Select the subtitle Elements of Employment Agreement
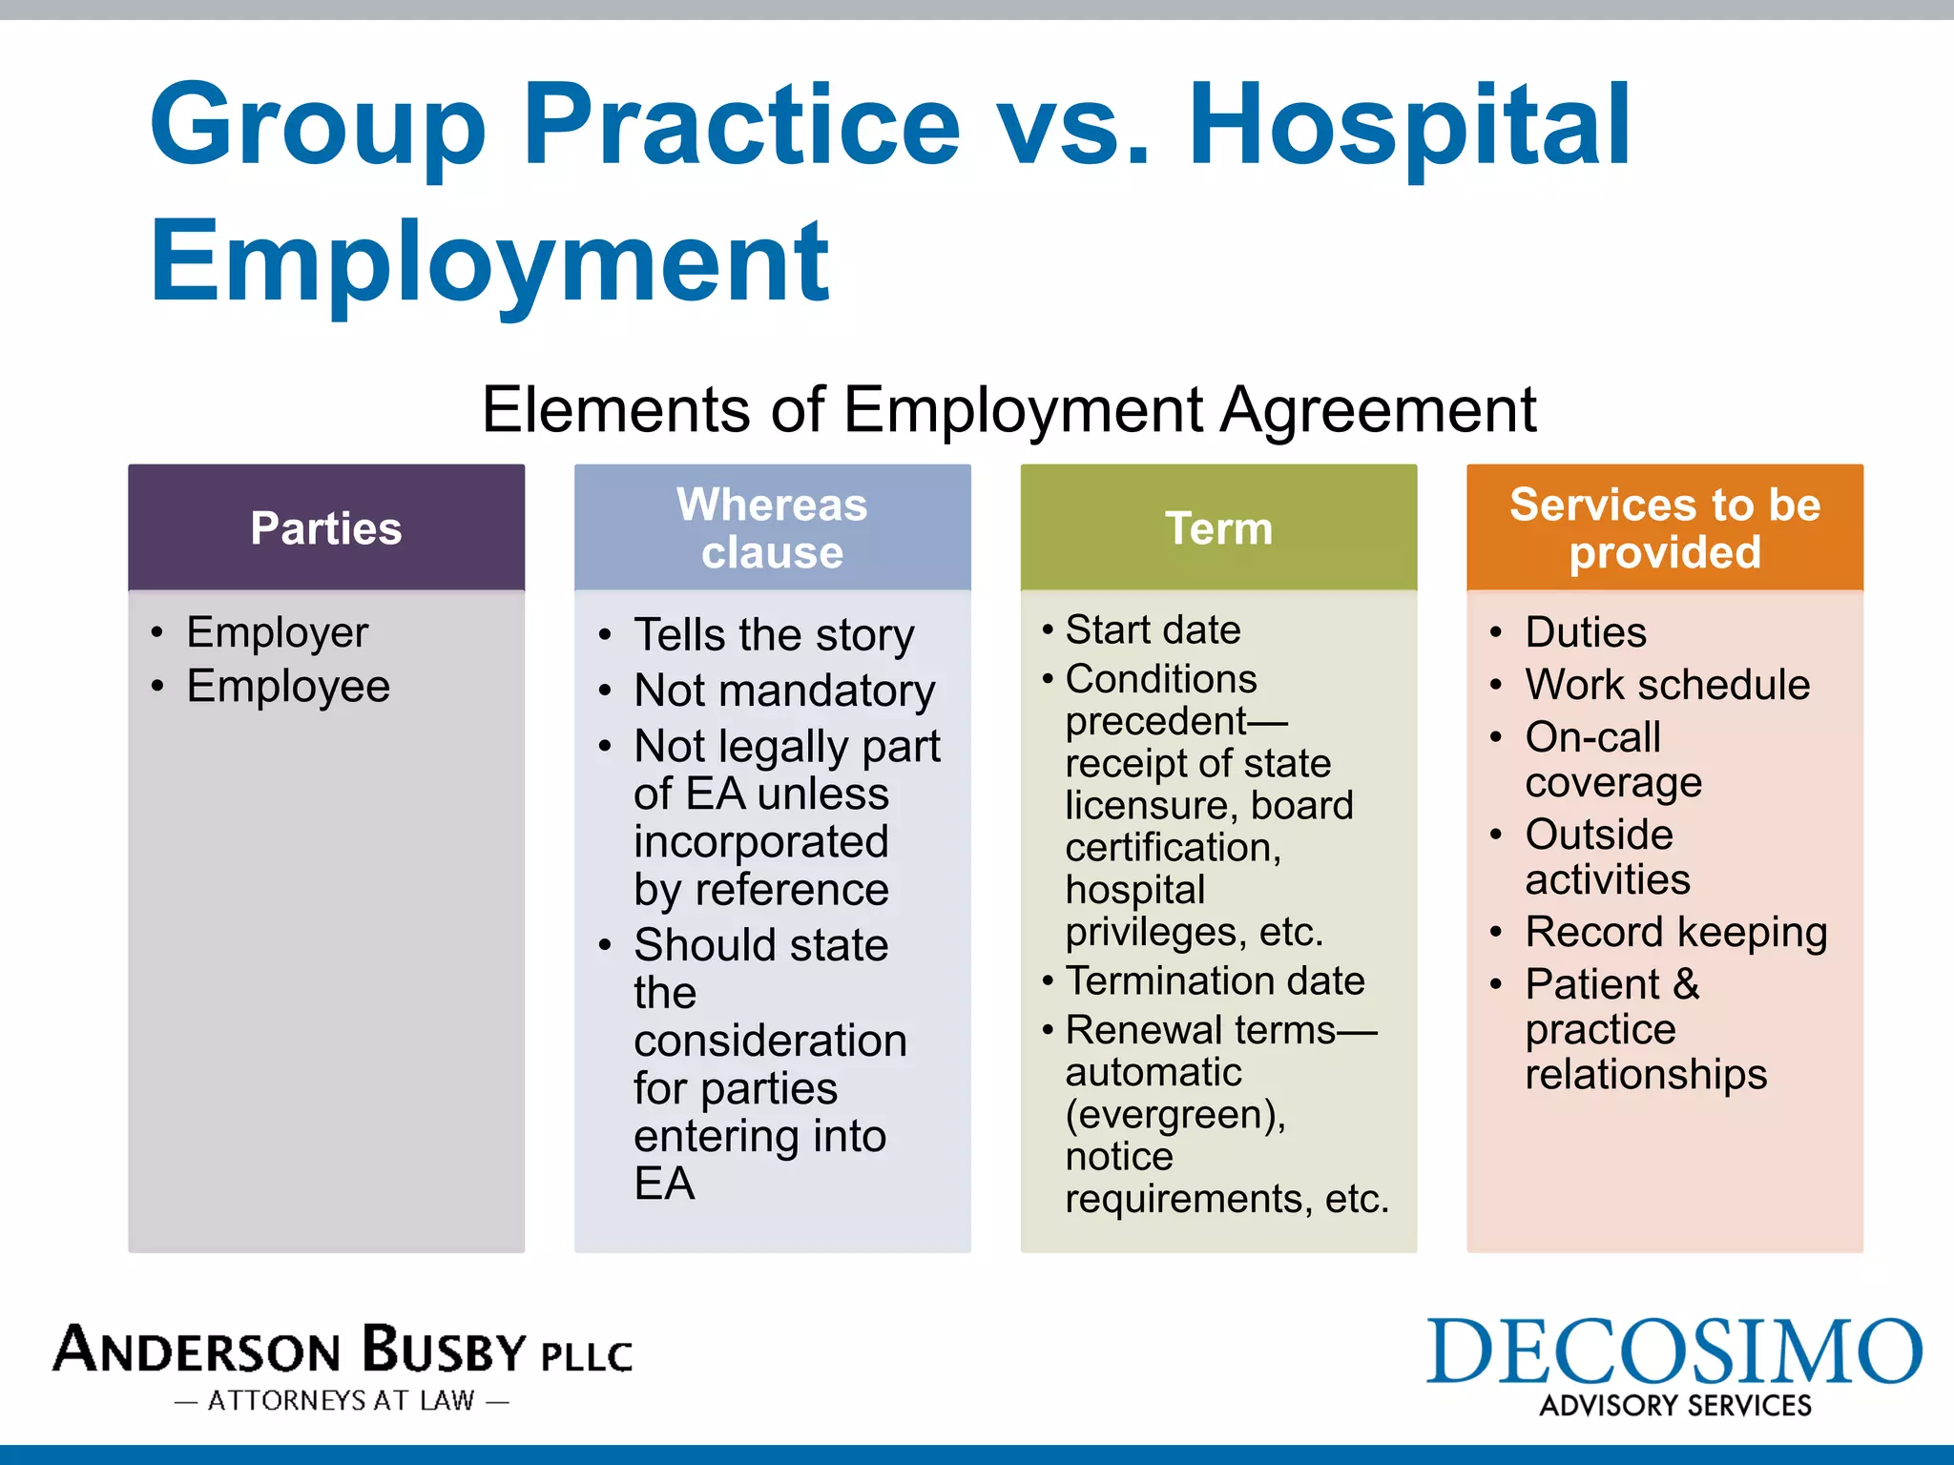(x=1008, y=410)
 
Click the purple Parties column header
(x=326, y=528)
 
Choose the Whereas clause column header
(x=772, y=528)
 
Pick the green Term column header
(x=1218, y=528)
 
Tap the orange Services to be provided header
(x=1665, y=528)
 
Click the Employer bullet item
(x=277, y=632)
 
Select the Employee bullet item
(x=288, y=687)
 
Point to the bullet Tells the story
(x=774, y=635)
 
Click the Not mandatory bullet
(x=784, y=691)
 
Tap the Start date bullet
(x=1153, y=630)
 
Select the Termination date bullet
(x=1215, y=981)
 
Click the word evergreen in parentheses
(x=1175, y=1115)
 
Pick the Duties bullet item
(x=1586, y=632)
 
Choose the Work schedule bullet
(x=1667, y=685)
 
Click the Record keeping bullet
(x=1675, y=932)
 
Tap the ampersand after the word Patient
(x=1686, y=984)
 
